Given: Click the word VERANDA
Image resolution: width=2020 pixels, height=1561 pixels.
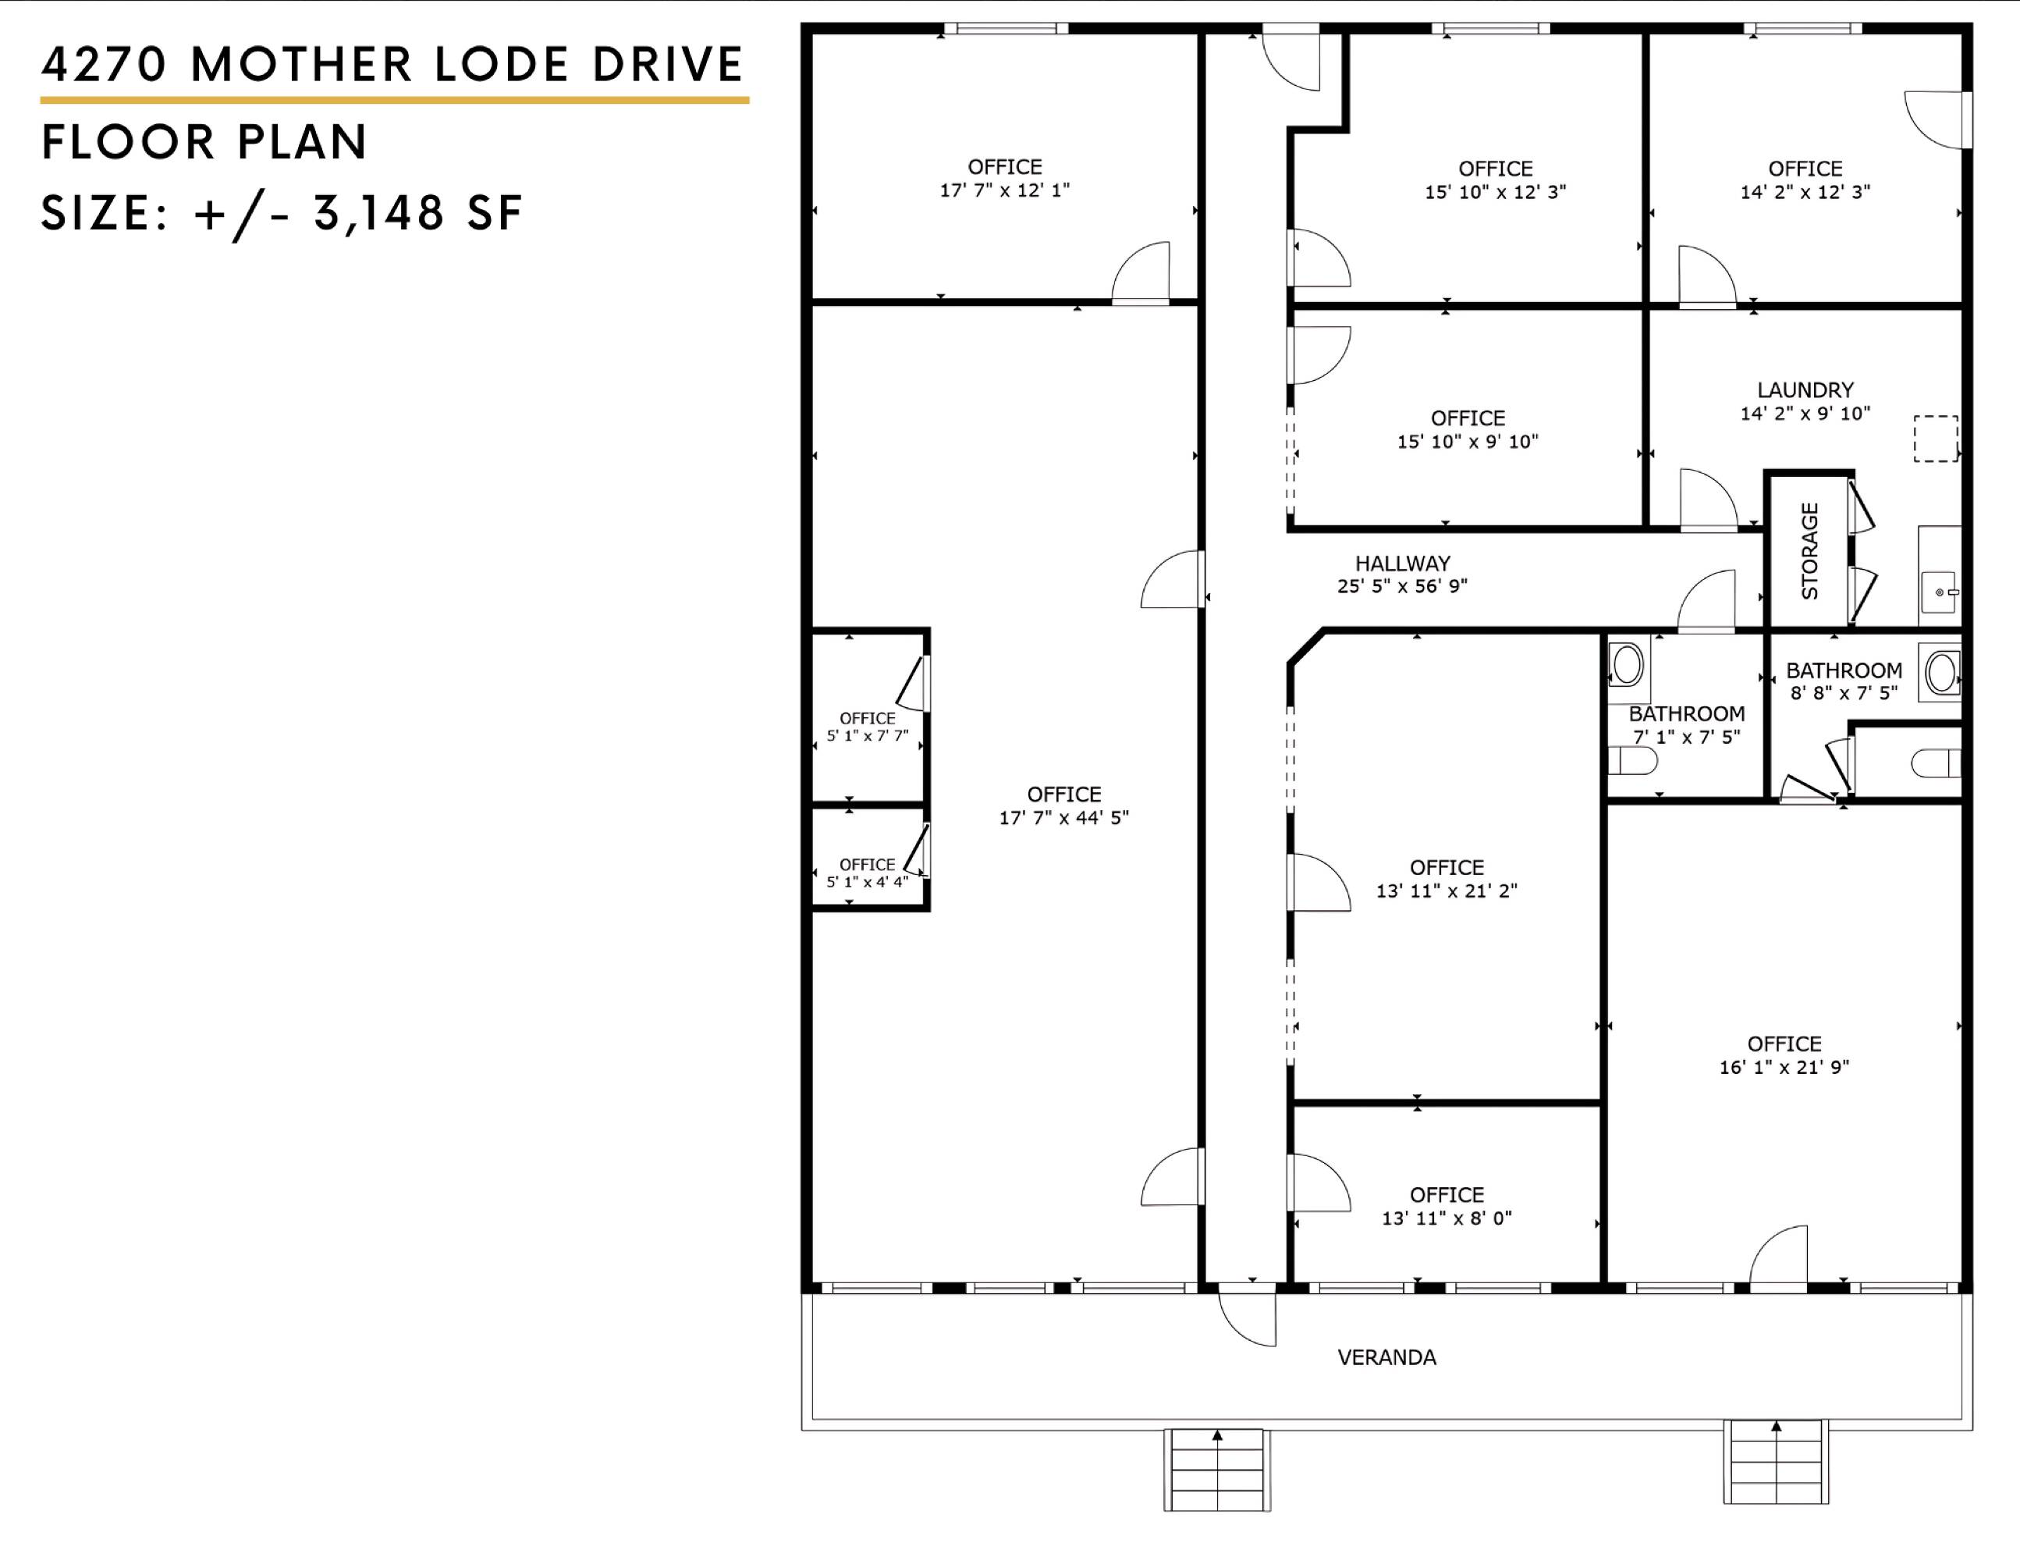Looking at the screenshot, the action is coord(1386,1357).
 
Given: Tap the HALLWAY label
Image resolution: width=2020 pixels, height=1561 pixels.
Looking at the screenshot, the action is coord(1402,563).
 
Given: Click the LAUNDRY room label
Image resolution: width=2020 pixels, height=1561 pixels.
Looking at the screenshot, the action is coord(1805,389).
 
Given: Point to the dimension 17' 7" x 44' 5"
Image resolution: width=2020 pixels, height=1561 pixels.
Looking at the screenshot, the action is coord(1063,817).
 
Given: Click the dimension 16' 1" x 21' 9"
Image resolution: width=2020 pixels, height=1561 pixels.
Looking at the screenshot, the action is coord(1784,1067).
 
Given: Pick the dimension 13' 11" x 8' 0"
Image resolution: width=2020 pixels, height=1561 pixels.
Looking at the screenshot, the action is coord(1447,1218).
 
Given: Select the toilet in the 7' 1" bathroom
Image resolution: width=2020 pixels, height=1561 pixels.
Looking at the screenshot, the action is coord(1632,762).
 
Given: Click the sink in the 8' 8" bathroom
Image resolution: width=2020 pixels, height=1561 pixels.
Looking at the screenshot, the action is coord(1941,672).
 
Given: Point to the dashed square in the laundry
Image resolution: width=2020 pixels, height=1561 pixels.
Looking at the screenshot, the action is coord(1936,439).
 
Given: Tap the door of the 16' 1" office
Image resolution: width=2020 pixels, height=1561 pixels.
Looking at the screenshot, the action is coord(1777,1256).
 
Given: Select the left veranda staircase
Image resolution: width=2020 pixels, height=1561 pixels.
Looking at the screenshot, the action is coord(1217,1470).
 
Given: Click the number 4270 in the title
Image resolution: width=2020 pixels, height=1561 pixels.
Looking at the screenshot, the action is coord(105,64).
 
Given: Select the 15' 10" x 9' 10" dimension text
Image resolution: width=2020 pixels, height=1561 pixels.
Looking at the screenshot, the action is coord(1468,442).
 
